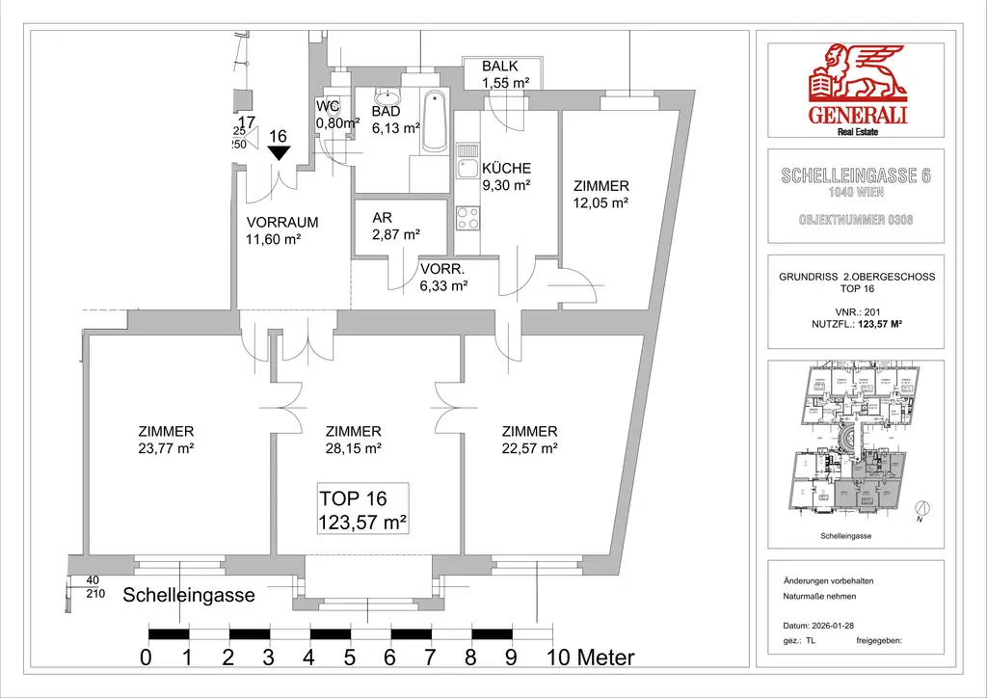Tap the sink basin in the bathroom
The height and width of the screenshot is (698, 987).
pos(388,97)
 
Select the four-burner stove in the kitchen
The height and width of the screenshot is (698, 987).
pos(467,218)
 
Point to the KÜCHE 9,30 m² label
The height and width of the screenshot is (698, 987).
pos(506,176)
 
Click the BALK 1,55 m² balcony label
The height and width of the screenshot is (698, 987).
pos(506,74)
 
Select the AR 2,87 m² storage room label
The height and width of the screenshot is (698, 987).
pos(396,227)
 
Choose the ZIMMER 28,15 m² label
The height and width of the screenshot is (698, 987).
pos(354,440)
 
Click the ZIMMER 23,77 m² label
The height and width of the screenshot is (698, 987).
pos(167,440)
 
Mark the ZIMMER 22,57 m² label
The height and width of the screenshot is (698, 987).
pos(529,440)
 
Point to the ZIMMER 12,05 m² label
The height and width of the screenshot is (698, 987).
pos(600,194)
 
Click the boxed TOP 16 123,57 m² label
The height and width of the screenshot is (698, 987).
pos(363,511)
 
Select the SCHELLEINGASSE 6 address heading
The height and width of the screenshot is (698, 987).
pos(856,176)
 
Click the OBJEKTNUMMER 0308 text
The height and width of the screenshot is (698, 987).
pos(856,220)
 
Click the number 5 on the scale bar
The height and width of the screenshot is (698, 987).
pos(349,658)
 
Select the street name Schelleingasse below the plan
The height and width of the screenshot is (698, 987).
pos(189,596)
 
